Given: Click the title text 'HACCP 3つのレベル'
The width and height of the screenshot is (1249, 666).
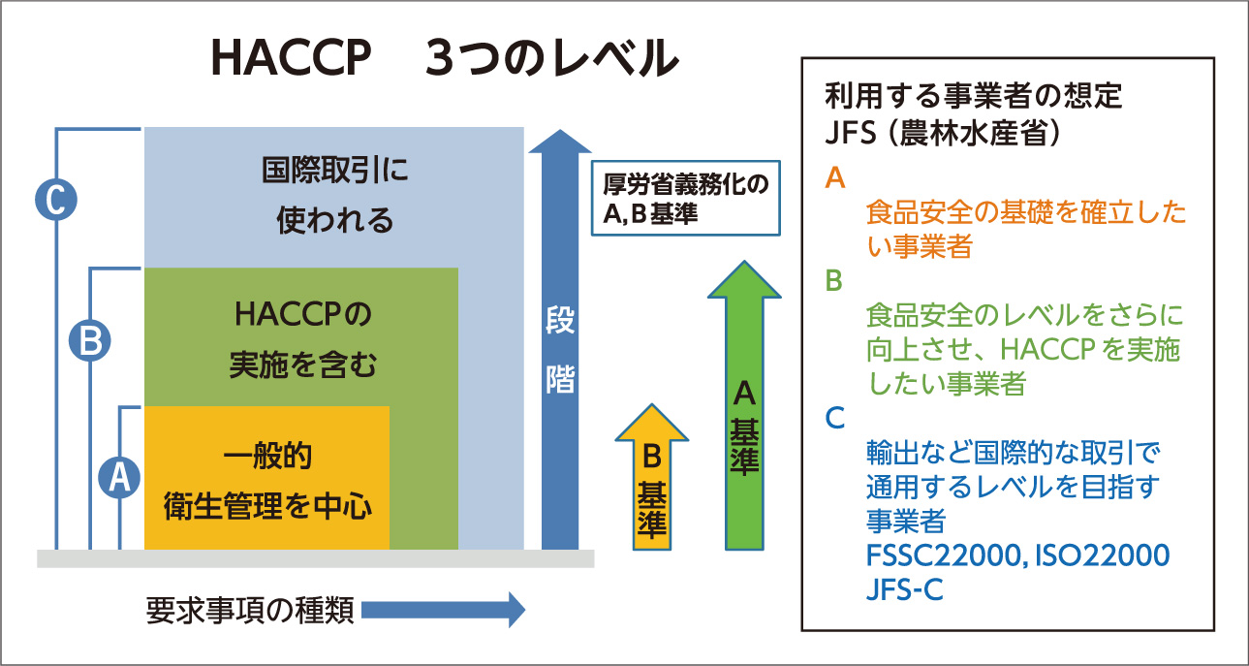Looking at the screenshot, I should [x=444, y=60].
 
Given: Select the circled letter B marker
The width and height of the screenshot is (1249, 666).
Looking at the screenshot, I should [x=89, y=340].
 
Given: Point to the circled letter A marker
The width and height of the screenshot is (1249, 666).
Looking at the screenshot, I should [x=119, y=478].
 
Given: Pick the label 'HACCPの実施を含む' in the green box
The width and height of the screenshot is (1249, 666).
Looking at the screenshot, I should [x=302, y=340].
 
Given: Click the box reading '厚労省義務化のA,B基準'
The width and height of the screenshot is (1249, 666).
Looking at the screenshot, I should [x=685, y=200].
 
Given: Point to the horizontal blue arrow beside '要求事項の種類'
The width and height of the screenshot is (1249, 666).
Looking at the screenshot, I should [x=442, y=610].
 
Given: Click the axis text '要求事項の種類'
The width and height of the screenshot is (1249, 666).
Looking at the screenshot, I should [x=249, y=610].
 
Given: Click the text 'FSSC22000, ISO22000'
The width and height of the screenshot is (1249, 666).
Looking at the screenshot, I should [x=1016, y=555].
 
